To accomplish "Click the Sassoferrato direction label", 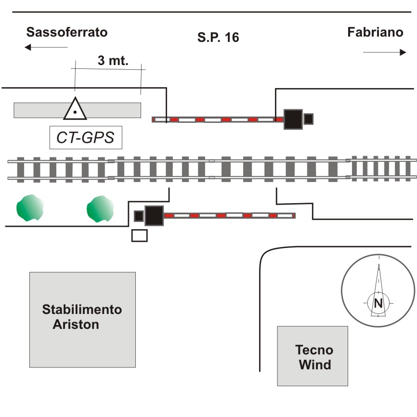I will pos(67,33).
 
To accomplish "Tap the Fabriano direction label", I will pos(375,32).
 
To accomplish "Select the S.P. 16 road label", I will pos(218,37).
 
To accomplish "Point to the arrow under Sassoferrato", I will pos(46,47).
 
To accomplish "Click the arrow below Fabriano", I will pos(384,52).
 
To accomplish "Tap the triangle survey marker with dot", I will pos(75,110).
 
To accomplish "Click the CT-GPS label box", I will pos(86,138).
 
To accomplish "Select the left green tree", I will pos(30,208).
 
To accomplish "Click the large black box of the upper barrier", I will pos(293,119).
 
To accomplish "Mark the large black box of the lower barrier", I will pos(154,215).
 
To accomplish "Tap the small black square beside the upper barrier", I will pos(309,118).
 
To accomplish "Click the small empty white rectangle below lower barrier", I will pos(140,235).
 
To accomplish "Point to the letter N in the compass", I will pos(378,303).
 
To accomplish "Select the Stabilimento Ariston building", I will pos(82,319).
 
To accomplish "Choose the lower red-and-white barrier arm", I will pos(229,215).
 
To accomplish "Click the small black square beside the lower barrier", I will pos(139,216).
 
